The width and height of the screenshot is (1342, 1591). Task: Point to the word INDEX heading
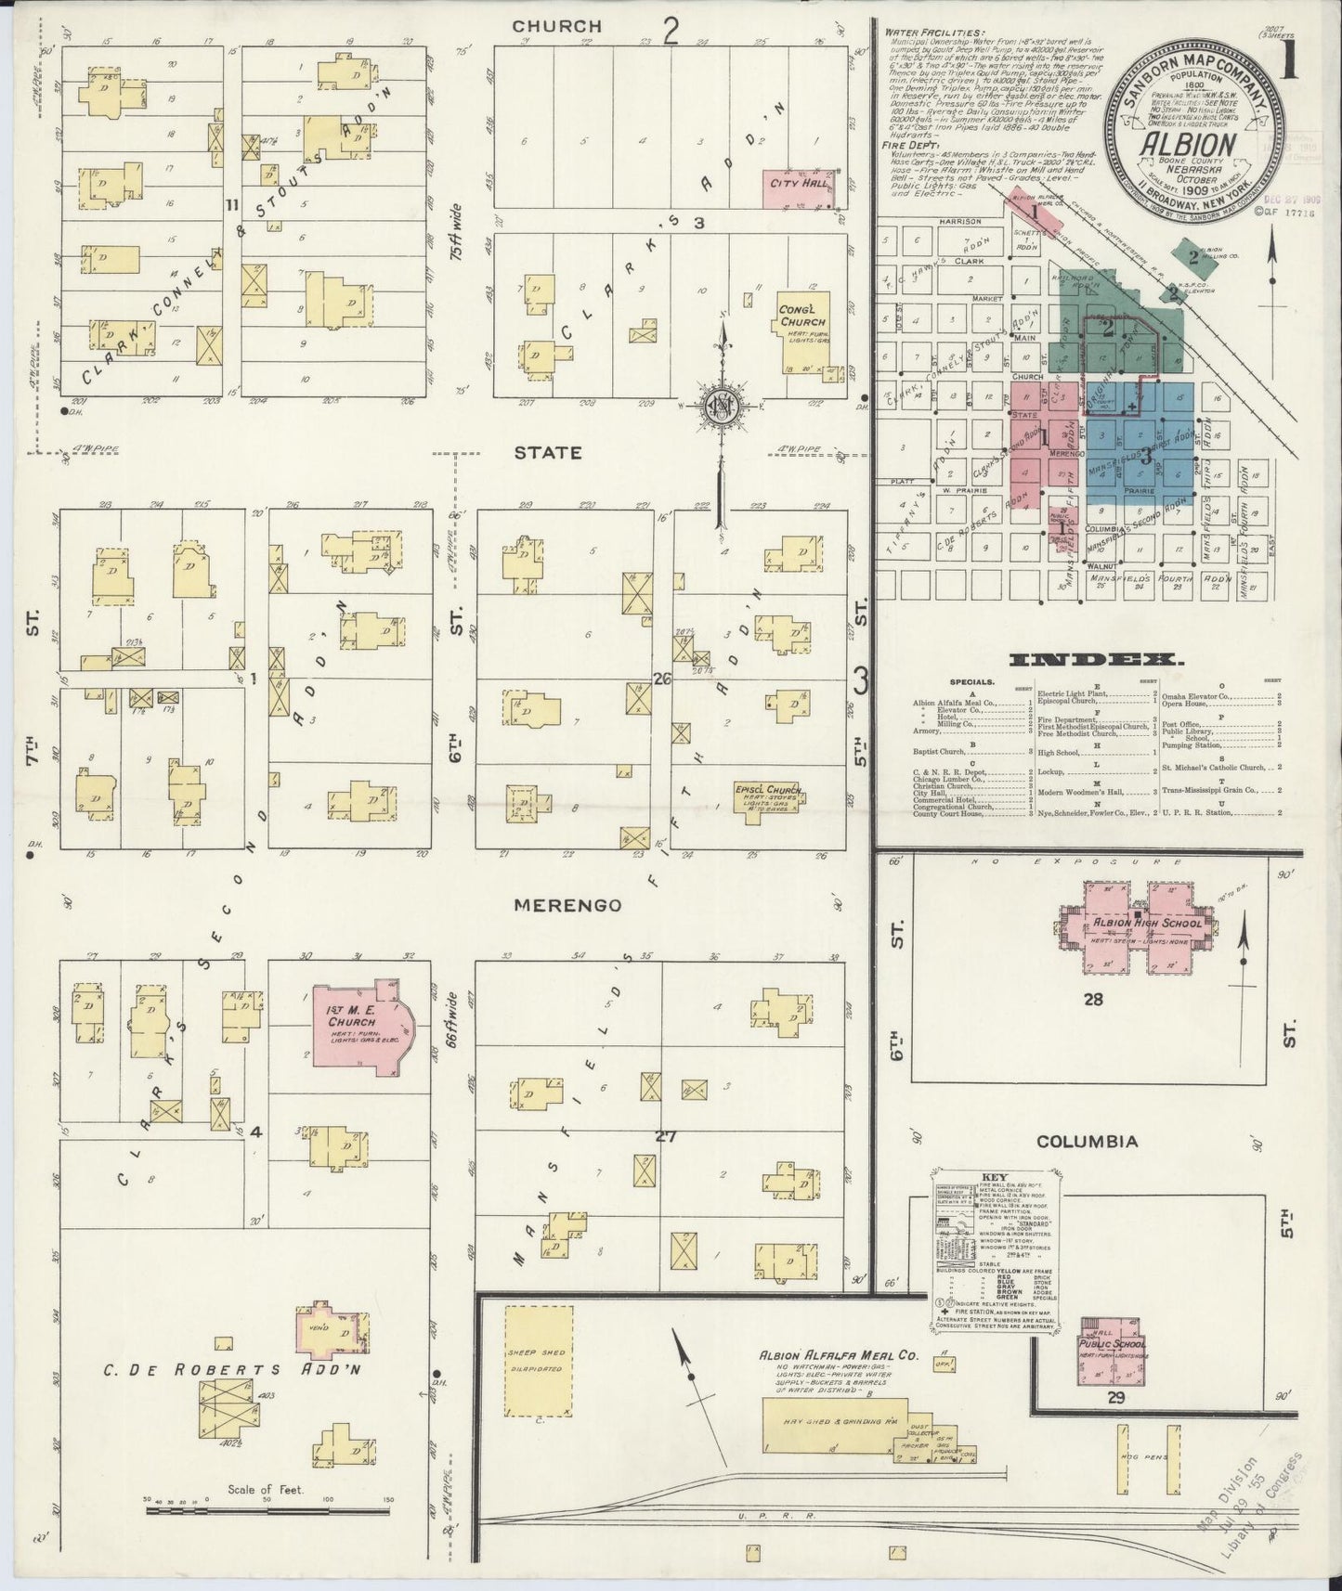pyautogui.click(x=1098, y=661)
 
